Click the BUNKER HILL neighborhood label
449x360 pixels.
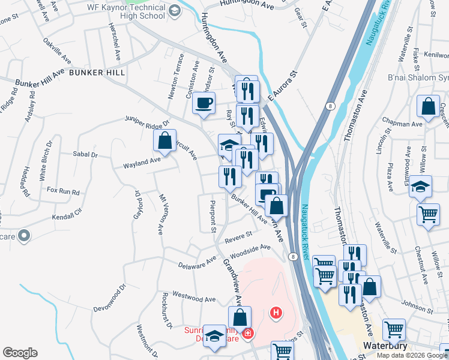click(97, 72)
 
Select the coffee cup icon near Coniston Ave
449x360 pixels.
click(203, 103)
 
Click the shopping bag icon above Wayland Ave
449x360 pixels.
click(164, 142)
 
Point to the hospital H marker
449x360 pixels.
click(276, 313)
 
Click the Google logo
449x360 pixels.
click(20, 353)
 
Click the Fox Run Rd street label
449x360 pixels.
click(63, 191)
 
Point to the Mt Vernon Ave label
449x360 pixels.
click(161, 214)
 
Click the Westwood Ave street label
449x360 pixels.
click(193, 296)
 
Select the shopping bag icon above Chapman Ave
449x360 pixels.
click(429, 107)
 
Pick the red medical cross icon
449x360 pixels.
click(247, 333)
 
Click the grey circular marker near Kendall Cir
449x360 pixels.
click(24, 236)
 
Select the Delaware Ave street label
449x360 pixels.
click(197, 263)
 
